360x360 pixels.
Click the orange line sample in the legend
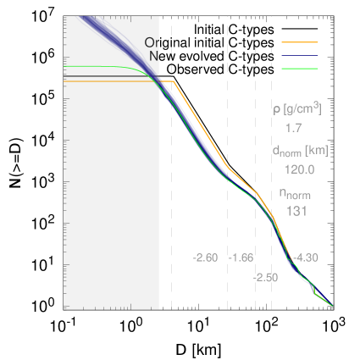pos(299,42)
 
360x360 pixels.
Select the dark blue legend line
pos(299,55)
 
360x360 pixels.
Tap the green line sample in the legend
pos(299,68)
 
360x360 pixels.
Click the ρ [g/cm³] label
pos(296,109)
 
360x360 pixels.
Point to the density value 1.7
pos(294,128)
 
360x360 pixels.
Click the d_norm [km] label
pos(300,151)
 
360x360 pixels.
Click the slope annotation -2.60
pos(206,258)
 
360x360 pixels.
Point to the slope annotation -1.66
pos(241,258)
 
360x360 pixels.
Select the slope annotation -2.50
pos(265,277)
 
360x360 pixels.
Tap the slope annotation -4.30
pos(306,258)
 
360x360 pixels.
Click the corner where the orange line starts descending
pos(173,81)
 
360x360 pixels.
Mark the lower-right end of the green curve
pos(331,306)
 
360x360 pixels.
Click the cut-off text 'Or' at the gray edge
pos(152,42)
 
